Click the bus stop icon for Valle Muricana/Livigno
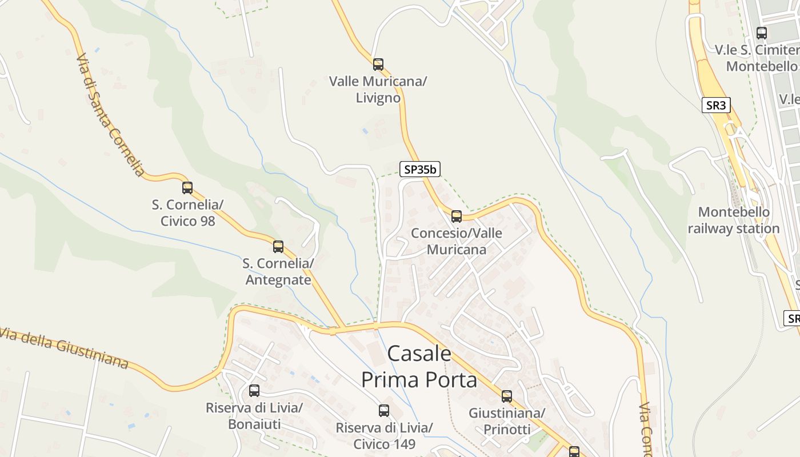[378, 64]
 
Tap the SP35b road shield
[420, 169]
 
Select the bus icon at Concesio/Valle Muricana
[456, 217]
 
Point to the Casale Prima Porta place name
[419, 366]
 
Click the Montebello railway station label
[734, 221]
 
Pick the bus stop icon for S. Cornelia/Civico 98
[187, 187]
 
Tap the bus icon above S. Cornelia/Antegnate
[278, 247]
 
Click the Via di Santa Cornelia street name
[109, 115]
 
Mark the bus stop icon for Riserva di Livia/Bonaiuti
[254, 391]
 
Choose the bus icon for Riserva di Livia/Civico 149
[384, 411]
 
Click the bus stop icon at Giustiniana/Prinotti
[507, 396]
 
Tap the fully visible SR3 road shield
[716, 105]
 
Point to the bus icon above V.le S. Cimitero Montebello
[761, 33]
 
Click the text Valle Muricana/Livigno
[378, 90]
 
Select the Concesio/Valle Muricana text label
[457, 241]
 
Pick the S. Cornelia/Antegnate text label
[278, 272]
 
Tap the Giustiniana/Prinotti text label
[507, 421]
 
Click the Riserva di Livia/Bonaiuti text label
[254, 416]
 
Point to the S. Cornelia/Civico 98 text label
[187, 213]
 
